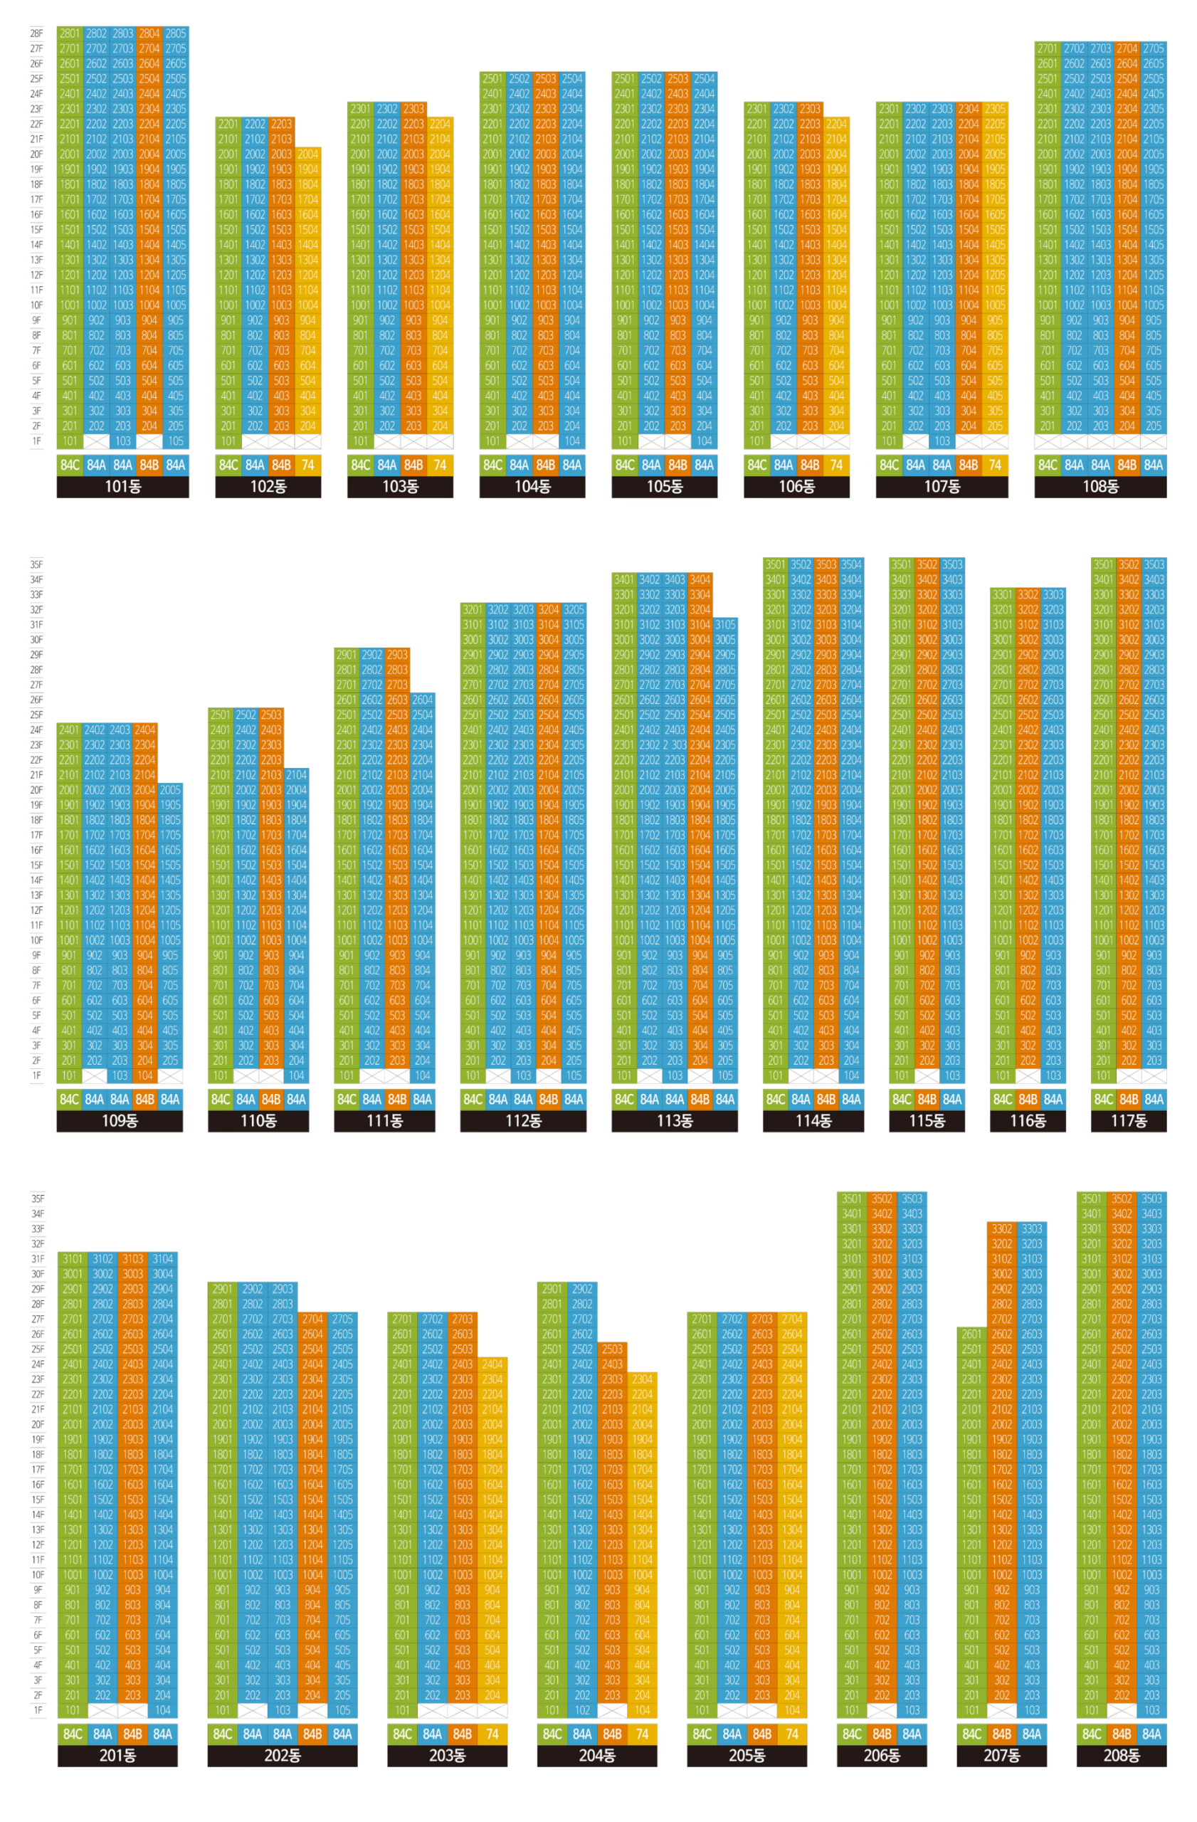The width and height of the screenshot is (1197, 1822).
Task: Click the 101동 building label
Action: [122, 486]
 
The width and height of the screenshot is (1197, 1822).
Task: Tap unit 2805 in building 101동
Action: [175, 33]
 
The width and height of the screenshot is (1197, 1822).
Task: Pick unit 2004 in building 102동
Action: [307, 154]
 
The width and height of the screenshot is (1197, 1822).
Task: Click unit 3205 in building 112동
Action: [574, 609]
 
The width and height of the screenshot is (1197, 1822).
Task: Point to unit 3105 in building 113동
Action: [724, 625]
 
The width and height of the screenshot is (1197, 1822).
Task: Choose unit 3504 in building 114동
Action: [850, 564]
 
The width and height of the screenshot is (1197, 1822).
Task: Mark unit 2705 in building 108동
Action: [1152, 48]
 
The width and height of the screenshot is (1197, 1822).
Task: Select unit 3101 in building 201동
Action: [73, 1258]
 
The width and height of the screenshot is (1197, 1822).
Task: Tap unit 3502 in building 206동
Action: [881, 1199]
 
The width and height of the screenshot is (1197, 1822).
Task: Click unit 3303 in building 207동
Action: [1031, 1228]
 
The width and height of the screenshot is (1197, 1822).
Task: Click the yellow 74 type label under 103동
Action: [439, 465]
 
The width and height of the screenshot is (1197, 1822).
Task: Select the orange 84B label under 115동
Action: [926, 1100]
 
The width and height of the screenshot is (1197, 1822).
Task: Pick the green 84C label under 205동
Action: [701, 1733]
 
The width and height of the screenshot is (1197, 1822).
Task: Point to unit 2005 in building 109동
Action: [170, 790]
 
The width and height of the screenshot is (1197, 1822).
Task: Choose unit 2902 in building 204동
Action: [581, 1289]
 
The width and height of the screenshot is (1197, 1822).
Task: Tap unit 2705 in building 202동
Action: [342, 1319]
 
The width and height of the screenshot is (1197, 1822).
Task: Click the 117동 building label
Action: [1127, 1121]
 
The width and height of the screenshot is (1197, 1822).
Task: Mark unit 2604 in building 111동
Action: [422, 700]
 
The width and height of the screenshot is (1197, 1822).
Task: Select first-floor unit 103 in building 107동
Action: [942, 441]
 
